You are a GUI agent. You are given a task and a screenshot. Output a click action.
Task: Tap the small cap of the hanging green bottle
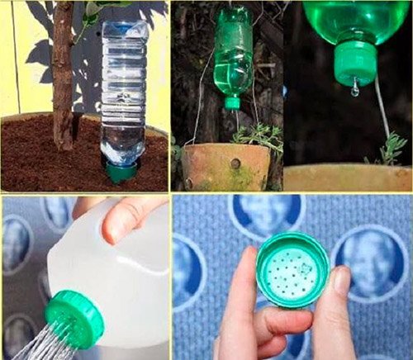pyautogui.click(x=233, y=102)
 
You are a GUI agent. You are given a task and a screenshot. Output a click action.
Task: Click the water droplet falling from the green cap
pyautogui.click(x=354, y=88)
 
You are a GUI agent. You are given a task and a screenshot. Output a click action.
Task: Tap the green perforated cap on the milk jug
pyautogui.click(x=74, y=318)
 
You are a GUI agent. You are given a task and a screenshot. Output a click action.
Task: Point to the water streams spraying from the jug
pyautogui.click(x=33, y=343)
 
